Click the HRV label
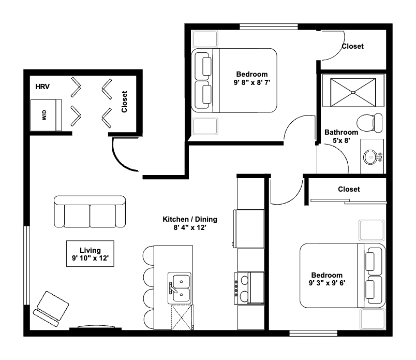click(42, 87)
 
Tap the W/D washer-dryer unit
click(44, 114)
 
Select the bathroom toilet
click(372, 123)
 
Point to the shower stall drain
click(353, 92)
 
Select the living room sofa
click(90, 212)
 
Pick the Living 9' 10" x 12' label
click(90, 254)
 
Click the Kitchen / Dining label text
click(190, 219)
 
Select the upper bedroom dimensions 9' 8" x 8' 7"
click(252, 82)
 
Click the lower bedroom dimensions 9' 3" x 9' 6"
click(326, 283)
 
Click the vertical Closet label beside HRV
click(125, 102)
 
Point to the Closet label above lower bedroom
click(349, 189)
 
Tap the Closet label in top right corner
click(352, 46)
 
